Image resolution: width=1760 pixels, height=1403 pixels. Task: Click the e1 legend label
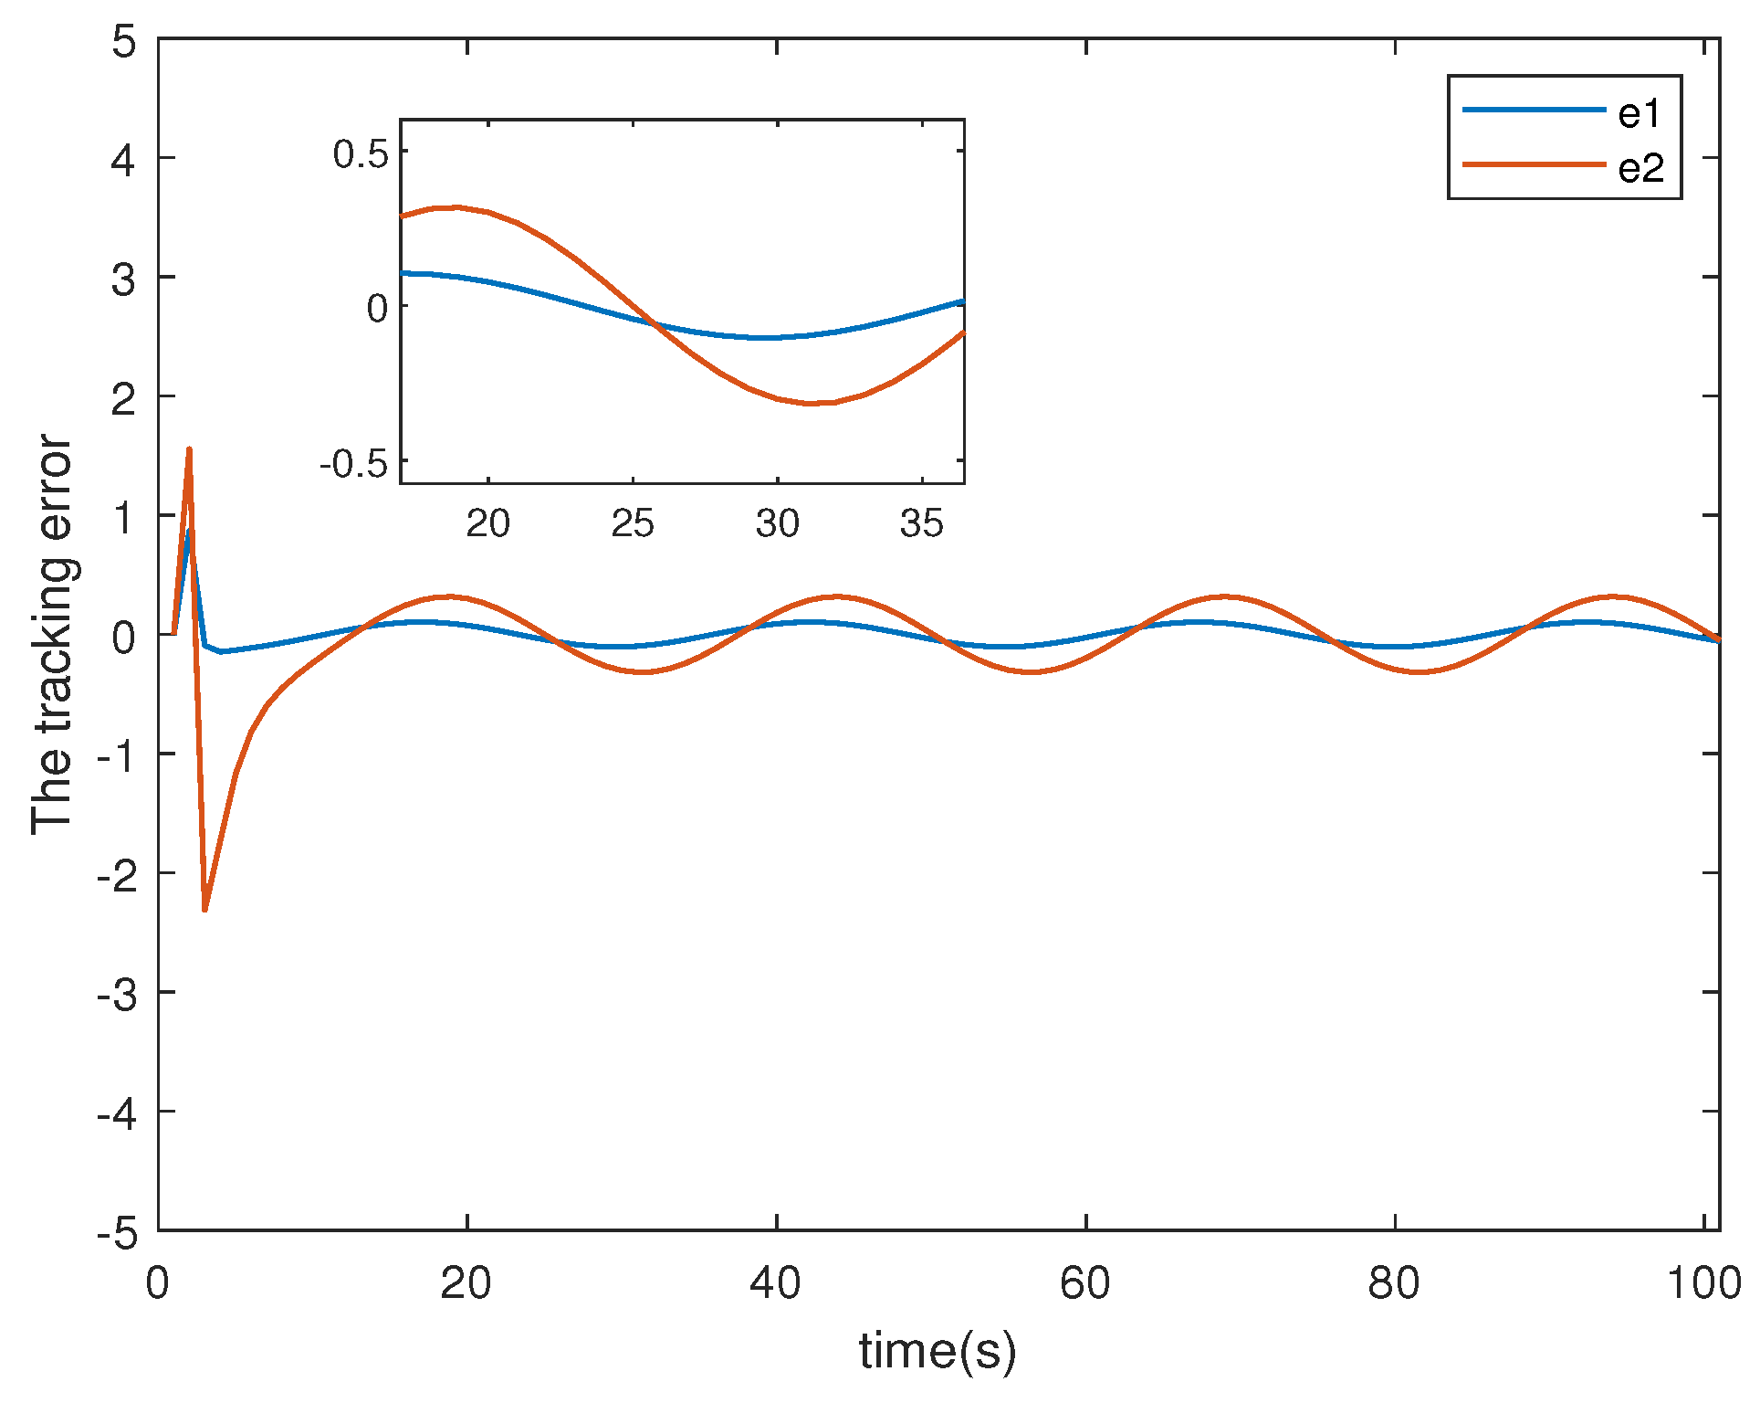pos(1640,113)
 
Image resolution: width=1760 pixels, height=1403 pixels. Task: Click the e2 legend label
pos(1641,168)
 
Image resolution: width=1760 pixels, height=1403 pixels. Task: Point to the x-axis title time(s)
pos(937,1351)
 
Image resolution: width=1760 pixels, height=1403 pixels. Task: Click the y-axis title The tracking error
pos(52,635)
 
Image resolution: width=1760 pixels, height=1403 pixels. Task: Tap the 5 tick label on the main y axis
pos(124,41)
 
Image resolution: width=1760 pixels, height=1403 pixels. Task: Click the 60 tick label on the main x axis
pos(1084,1283)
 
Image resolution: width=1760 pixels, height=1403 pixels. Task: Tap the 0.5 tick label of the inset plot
pos(361,153)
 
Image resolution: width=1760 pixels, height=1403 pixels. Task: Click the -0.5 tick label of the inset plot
pos(353,464)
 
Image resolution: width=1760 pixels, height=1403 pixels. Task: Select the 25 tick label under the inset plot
pos(633,523)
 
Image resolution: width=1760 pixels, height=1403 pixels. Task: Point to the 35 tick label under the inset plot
pos(921,523)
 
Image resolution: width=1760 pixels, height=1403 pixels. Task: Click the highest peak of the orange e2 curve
pos(189,448)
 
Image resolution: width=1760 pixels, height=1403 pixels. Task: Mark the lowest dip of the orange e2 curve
pos(204,910)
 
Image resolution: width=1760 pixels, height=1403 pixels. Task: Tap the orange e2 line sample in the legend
pos(1534,164)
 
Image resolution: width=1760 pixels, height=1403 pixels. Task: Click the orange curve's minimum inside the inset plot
pos(813,403)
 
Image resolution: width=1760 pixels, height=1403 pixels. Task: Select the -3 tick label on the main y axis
pos(117,994)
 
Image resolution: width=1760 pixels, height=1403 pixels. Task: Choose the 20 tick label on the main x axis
pos(466,1283)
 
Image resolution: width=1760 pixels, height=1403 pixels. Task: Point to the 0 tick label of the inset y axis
pos(377,309)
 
